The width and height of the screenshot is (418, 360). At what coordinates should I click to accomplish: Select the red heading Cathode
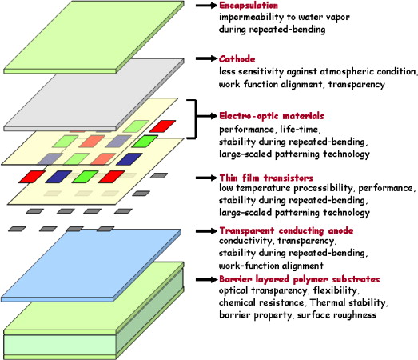(x=237, y=59)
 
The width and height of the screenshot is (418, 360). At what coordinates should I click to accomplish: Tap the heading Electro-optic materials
(x=272, y=116)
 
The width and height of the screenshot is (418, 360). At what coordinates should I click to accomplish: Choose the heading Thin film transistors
(x=266, y=178)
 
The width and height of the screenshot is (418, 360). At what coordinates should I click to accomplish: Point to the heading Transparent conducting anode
(x=286, y=230)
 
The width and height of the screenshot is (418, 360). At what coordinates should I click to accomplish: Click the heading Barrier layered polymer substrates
(x=300, y=279)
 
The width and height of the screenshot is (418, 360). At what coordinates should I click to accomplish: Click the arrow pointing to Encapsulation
(x=206, y=6)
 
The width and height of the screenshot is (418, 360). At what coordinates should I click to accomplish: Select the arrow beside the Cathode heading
(x=206, y=58)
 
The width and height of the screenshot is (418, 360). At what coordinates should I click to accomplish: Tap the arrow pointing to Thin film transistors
(x=206, y=178)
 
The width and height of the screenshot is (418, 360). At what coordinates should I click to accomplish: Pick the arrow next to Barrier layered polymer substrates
(x=206, y=279)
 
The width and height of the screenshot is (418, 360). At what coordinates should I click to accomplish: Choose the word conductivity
(x=246, y=241)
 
